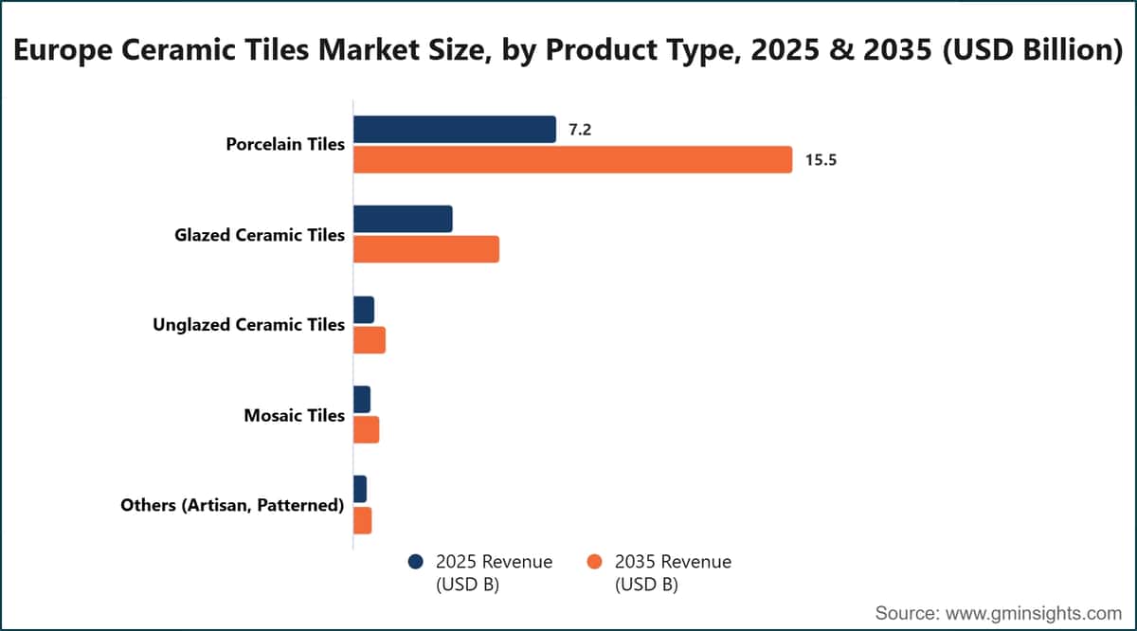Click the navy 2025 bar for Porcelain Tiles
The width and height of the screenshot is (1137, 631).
coord(454,130)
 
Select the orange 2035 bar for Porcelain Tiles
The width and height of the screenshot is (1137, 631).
coord(572,160)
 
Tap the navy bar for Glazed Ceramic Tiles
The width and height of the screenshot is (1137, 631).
coord(403,219)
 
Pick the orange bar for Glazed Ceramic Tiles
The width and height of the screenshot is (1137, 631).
coord(425,249)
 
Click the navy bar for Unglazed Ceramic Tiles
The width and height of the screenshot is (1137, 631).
coord(364,310)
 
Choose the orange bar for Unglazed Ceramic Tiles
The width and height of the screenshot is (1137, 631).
coord(369,340)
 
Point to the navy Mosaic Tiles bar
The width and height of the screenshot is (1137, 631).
coord(362,400)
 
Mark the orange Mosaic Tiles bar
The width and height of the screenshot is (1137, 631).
coord(366,430)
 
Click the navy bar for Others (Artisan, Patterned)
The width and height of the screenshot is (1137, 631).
coord(360,490)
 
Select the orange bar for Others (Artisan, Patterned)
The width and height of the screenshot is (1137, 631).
coord(362,520)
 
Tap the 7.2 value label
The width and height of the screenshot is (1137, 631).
coord(580,130)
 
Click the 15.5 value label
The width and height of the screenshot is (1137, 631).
coord(821,160)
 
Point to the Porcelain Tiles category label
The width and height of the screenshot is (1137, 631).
coord(285,144)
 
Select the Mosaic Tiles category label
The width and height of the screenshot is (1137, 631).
coord(295,415)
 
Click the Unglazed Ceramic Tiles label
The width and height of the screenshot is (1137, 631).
coord(248,325)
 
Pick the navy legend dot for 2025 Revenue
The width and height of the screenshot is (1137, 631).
coord(416,562)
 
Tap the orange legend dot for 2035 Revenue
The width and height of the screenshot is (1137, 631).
coord(594,562)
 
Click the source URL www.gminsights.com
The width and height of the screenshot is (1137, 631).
coord(1034,613)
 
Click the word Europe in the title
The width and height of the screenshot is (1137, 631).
coord(63,50)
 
